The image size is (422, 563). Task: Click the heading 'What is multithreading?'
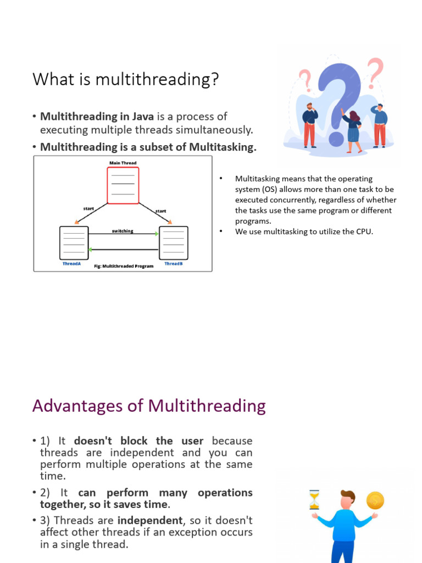[x=125, y=80]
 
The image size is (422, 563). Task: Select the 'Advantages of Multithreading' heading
[x=149, y=406]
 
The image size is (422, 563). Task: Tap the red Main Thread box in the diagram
[x=123, y=185]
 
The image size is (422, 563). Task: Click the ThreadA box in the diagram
[x=74, y=242]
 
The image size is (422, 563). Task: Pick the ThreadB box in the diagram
[x=173, y=242]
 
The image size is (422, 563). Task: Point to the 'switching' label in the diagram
[x=123, y=231]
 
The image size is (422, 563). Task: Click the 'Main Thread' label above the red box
[x=123, y=163]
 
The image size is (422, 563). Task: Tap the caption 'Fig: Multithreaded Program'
[x=124, y=266]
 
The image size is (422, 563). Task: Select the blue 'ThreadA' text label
[x=71, y=264]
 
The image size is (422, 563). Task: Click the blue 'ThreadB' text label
[x=174, y=264]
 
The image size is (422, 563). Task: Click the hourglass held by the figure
[x=314, y=500]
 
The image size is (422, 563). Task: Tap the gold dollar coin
[x=375, y=500]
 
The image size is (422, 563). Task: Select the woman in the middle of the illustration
[x=352, y=131]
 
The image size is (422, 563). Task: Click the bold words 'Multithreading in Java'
[x=97, y=117]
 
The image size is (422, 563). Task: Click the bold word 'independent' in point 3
[x=150, y=520]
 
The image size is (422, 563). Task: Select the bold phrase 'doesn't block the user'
[x=138, y=441]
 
